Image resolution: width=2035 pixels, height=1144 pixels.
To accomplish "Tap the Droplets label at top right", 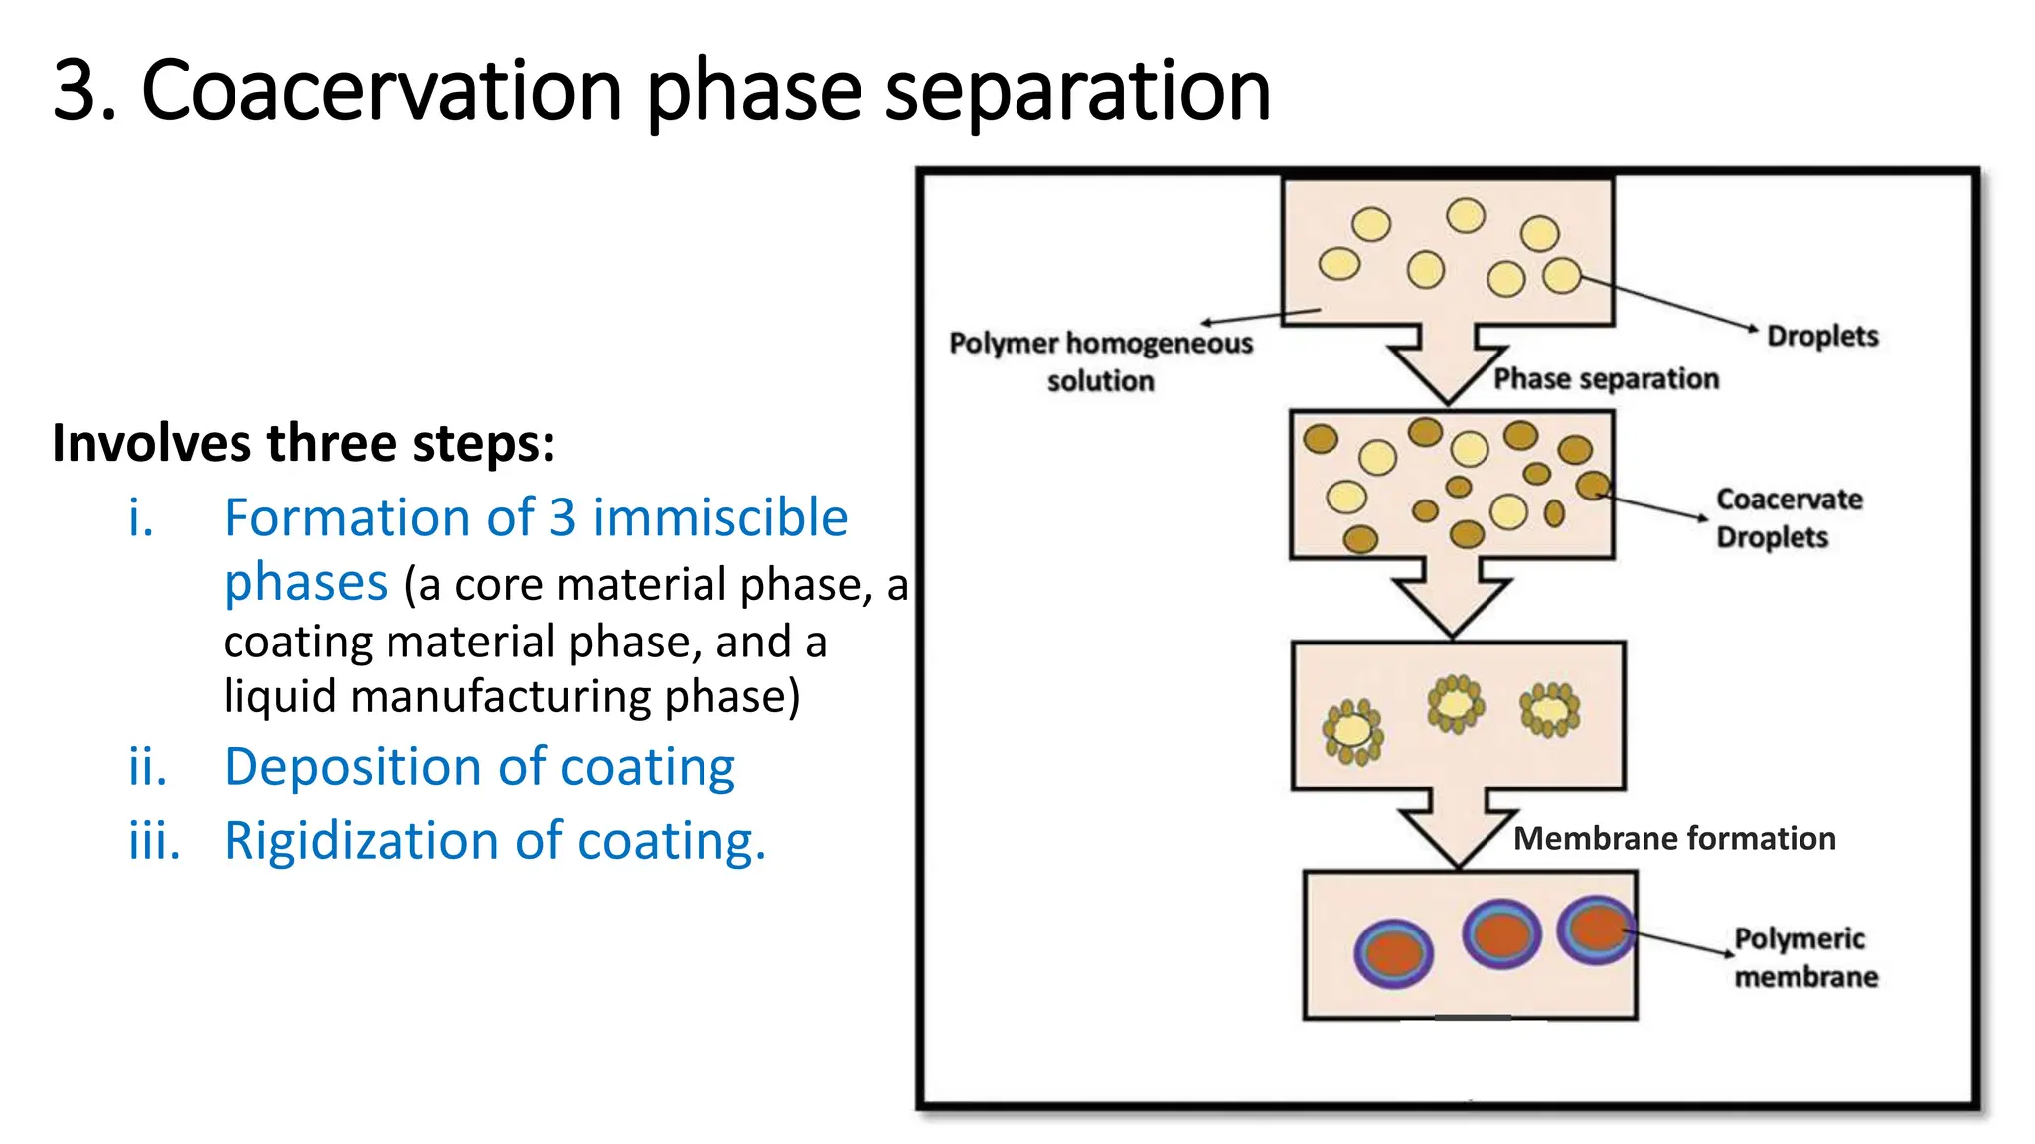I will click(1821, 336).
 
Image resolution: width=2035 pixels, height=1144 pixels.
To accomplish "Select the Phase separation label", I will click(1606, 379).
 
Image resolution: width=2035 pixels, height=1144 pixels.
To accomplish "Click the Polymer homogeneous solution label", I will click(1100, 361).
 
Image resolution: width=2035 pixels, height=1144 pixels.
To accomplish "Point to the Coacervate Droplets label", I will click(1788, 517).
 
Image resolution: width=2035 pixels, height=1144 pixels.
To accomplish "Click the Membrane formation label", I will click(1673, 839).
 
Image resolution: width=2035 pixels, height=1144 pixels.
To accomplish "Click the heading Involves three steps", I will click(303, 443).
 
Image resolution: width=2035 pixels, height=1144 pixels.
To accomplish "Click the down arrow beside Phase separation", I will click(1449, 362).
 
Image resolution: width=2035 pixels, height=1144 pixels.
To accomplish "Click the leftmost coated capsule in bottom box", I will click(1393, 952).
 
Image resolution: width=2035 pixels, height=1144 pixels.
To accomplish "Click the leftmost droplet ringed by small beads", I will click(1352, 732).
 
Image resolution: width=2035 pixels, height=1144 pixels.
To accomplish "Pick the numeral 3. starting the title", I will click(83, 91).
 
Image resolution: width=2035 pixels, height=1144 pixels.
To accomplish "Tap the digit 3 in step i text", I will click(562, 518).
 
